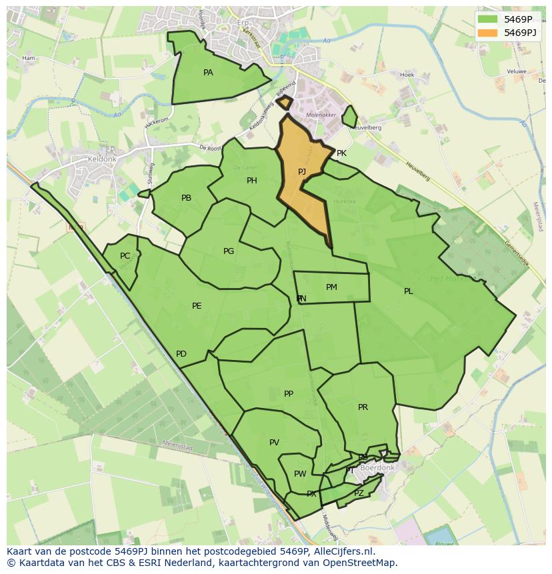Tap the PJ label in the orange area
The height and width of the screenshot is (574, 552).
(x=302, y=172)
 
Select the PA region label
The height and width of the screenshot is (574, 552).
(x=208, y=73)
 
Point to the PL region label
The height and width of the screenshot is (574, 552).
(x=408, y=291)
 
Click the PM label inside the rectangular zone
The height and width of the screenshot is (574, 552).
(x=331, y=287)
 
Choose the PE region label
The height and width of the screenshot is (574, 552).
(x=197, y=306)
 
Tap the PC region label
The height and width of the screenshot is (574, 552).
(x=125, y=256)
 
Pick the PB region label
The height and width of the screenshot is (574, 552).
(x=186, y=198)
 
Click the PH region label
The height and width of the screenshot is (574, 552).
(x=251, y=181)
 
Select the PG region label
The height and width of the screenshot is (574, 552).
(x=229, y=251)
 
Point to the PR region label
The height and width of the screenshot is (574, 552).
(x=363, y=407)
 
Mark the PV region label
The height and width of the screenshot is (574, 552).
(x=274, y=443)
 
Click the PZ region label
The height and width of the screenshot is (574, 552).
(x=359, y=493)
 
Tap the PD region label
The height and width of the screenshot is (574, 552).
(x=181, y=354)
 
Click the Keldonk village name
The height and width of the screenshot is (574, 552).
(x=102, y=160)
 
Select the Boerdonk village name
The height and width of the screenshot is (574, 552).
(x=377, y=468)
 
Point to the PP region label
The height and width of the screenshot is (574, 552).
(x=288, y=394)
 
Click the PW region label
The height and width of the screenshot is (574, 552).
(x=300, y=474)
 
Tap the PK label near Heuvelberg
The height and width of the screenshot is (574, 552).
(x=341, y=153)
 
